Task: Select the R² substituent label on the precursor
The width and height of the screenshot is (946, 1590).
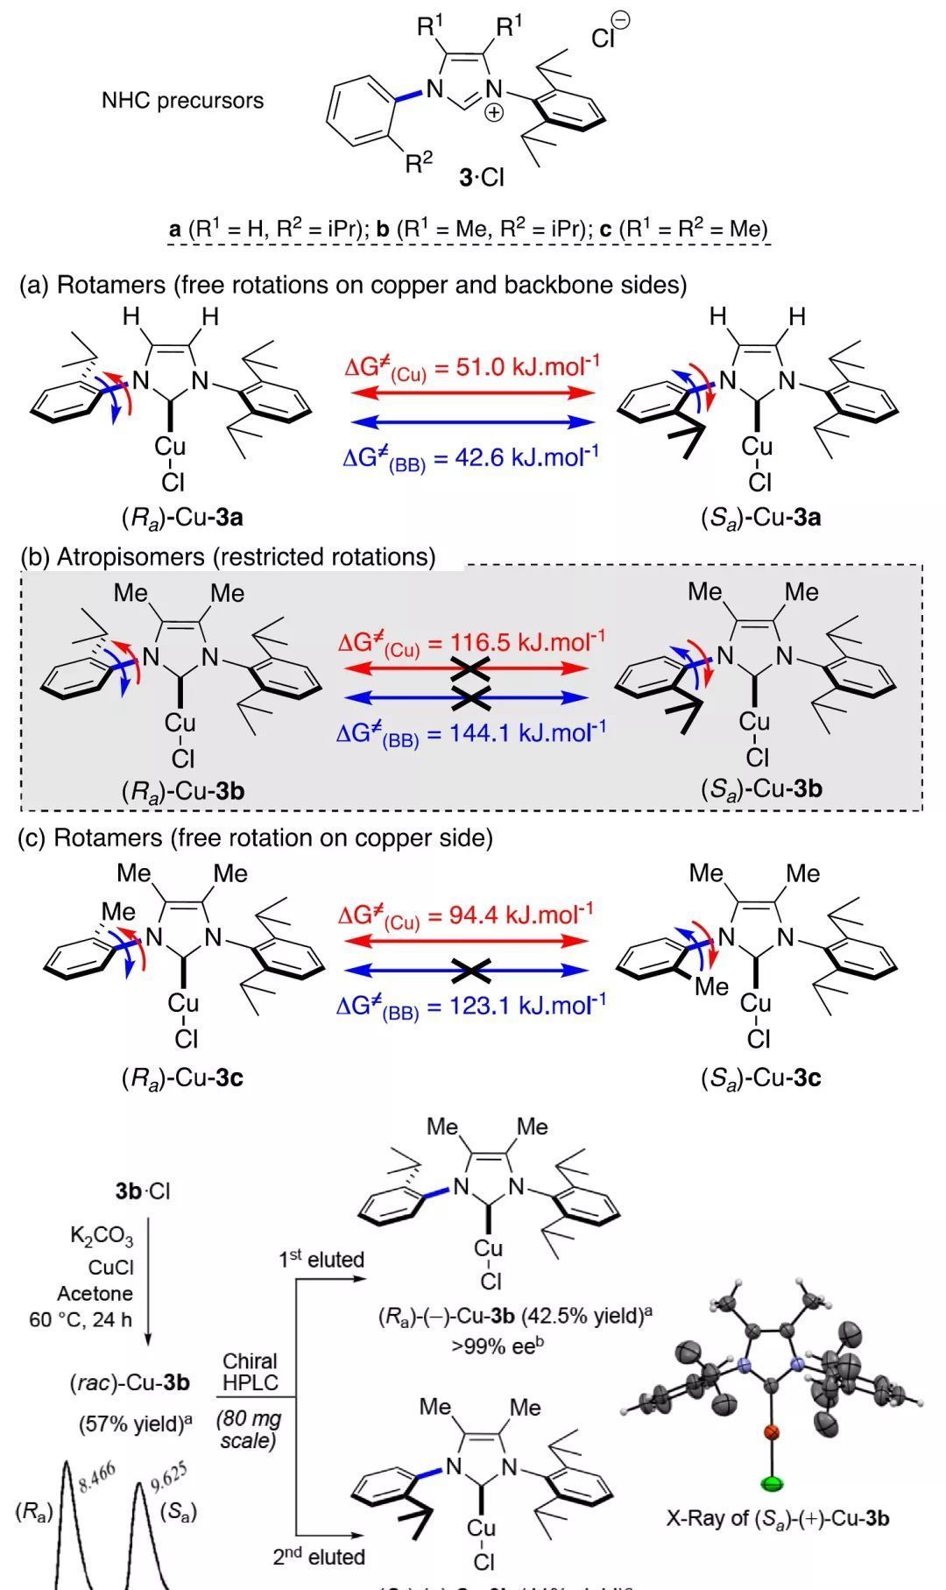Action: pyautogui.click(x=419, y=162)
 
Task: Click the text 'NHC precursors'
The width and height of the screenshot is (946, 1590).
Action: pyautogui.click(x=182, y=100)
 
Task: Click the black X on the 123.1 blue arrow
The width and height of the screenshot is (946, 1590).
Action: pyautogui.click(x=471, y=970)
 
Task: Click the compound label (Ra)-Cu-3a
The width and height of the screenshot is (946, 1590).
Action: pyautogui.click(x=182, y=517)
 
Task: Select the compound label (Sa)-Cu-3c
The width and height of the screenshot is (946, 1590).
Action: pyautogui.click(x=760, y=1077)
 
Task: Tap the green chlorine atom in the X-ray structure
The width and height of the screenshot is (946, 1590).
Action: pyautogui.click(x=772, y=1483)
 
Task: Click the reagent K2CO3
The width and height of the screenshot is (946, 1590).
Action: pyautogui.click(x=102, y=1237)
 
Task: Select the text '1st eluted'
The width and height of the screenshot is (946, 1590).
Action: pyautogui.click(x=321, y=1260)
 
